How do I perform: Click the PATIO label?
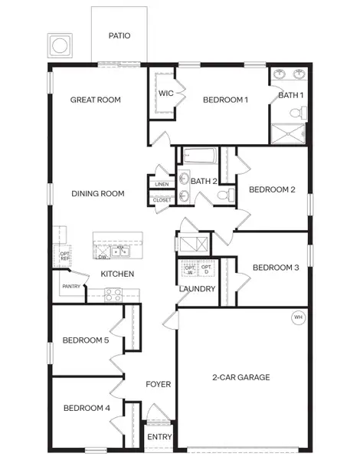pos(119,35)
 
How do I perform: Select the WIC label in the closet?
pos(166,94)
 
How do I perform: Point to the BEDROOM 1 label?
pos(225,100)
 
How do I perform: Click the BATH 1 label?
pos(290,95)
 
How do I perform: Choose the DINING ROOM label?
pos(97,194)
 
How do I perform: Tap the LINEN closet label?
pos(161,185)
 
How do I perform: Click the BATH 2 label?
pos(205,182)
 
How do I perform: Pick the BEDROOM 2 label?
pos(272,189)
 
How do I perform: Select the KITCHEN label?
pos(117,274)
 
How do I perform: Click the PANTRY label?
pos(71,287)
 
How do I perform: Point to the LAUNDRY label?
pos(197,289)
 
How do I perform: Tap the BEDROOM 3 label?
pos(275,268)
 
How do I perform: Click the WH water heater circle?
pos(298,317)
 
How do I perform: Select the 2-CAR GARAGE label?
pos(241,377)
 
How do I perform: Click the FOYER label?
pos(159,384)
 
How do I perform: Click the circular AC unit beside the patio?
pos(59,46)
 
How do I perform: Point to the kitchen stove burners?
pos(113,293)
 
